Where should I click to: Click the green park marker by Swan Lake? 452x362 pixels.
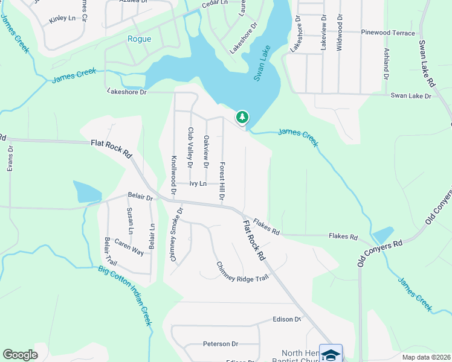tap(242, 117)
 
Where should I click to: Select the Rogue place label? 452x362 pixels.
tap(139, 39)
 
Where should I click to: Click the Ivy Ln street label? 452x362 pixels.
tap(198, 183)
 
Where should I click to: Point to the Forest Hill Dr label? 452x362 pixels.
tap(222, 181)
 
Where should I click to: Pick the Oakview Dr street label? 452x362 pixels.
tap(206, 152)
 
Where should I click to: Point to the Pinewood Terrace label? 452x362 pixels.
tap(388, 33)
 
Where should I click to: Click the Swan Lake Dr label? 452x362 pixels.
tap(411, 95)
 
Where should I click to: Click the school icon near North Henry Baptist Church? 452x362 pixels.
tap(331, 354)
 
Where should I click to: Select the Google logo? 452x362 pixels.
tap(20, 355)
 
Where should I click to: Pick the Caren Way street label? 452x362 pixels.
tap(129, 249)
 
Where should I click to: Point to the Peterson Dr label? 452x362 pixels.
tap(221, 344)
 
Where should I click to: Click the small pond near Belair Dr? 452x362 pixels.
tap(87, 192)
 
